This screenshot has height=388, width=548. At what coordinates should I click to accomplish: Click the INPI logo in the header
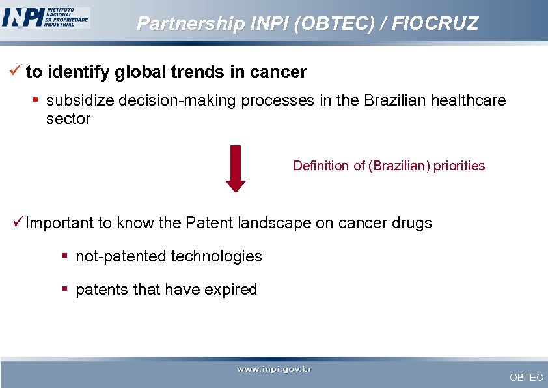click(x=46, y=17)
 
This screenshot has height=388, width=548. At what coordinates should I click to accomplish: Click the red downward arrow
click(x=236, y=168)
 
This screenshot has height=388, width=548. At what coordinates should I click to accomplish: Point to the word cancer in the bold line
click(x=279, y=72)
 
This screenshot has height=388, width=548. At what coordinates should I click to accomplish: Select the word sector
click(x=68, y=119)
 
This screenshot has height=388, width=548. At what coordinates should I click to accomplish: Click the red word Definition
click(x=321, y=166)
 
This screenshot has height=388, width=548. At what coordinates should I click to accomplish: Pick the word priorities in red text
click(x=459, y=166)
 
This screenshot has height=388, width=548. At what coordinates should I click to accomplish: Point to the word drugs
click(x=412, y=223)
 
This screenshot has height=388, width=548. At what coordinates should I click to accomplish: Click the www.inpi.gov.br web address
click(x=274, y=370)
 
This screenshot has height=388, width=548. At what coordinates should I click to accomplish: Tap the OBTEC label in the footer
click(x=526, y=378)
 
